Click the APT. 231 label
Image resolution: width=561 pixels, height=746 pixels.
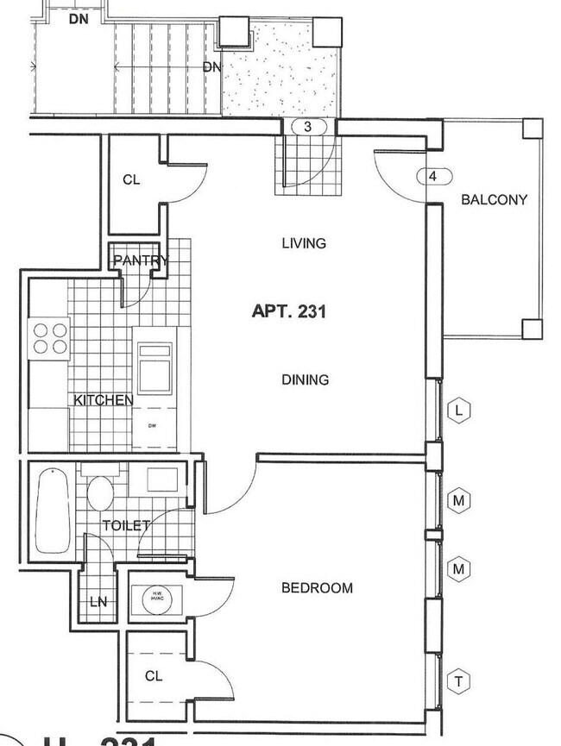pos(288,311)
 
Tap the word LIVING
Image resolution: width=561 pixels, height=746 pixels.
pos(304,243)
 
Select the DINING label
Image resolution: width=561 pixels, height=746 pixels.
pos(305,379)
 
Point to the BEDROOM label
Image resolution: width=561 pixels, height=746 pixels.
pos(317,588)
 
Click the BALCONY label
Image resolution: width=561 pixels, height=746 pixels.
pos(494,199)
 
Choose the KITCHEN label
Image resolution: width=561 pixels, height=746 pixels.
pos(103,400)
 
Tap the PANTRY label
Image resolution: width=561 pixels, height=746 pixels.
pos(140,260)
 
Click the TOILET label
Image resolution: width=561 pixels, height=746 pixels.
pos(126,525)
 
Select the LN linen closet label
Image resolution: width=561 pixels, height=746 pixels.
pos(98,602)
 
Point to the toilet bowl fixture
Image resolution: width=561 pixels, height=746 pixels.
pos(100,497)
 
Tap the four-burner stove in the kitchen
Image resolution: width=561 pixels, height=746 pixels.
pos(48,337)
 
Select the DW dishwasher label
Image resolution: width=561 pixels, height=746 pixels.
pos(153,425)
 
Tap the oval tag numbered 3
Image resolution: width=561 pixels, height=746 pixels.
pos(309,127)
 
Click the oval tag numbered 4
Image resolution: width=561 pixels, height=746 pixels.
pos(433,177)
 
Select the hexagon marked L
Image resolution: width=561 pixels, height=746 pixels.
pos(459,411)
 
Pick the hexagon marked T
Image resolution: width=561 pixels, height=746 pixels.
pos(459,682)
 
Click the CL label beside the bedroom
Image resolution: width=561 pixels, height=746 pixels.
pos(153,676)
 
